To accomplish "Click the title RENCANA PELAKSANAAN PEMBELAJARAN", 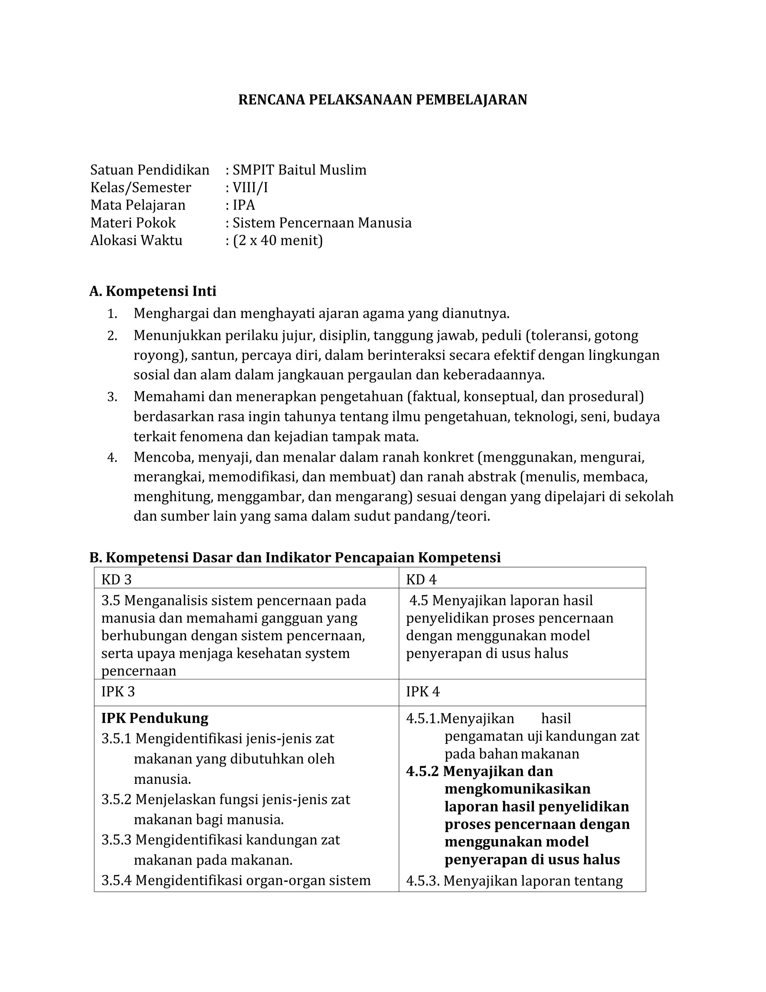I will click(383, 100).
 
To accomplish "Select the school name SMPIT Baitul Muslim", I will click(299, 170).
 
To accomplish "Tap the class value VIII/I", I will click(250, 188).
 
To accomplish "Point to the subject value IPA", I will click(244, 205).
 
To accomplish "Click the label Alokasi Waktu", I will click(136, 240).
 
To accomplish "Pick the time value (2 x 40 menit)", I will click(278, 240).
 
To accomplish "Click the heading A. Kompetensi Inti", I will click(153, 291).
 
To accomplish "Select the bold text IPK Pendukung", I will click(155, 718).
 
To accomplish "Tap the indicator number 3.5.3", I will click(116, 840).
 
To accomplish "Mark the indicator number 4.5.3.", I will click(423, 881).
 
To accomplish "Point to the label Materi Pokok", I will click(133, 223).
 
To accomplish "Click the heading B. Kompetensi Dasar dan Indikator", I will click(295, 557).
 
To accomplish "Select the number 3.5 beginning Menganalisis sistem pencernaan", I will click(110, 600).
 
